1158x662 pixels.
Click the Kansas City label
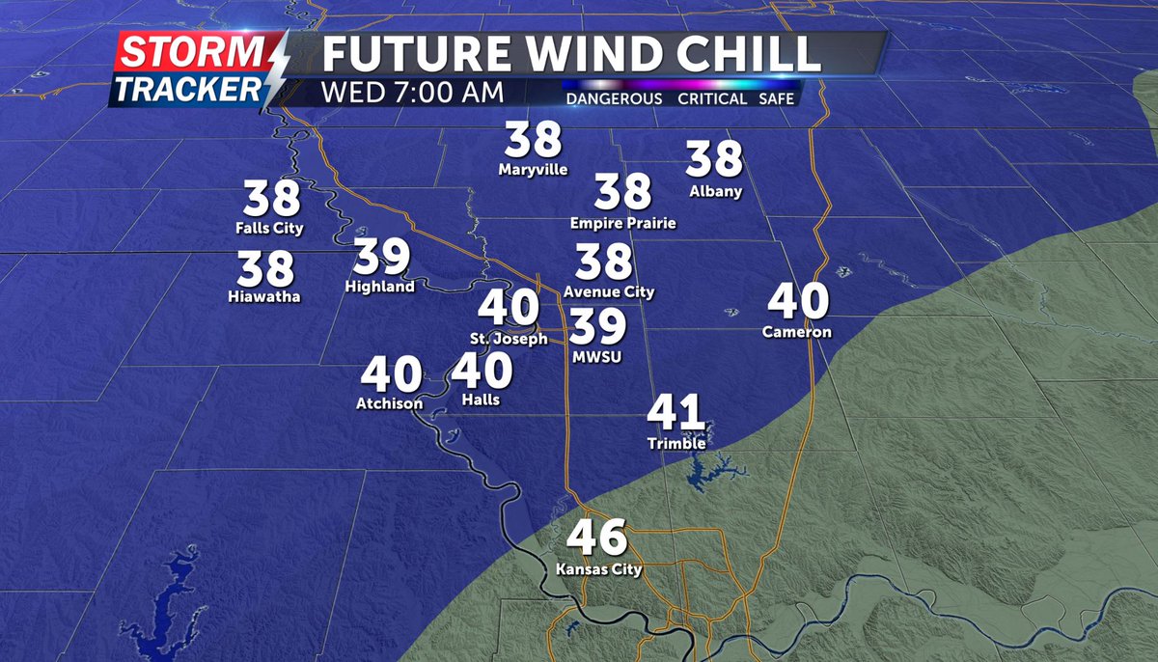click(x=598, y=569)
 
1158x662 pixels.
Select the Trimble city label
click(x=676, y=444)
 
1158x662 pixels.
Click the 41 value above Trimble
click(x=675, y=413)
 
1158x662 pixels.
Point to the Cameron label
click(x=796, y=333)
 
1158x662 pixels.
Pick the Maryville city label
click(x=534, y=170)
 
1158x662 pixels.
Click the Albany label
click(x=715, y=191)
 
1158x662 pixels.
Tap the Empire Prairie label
click(x=623, y=223)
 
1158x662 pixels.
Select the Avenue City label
click(x=609, y=291)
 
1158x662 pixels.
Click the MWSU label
click(x=596, y=357)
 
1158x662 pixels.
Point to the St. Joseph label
click(x=509, y=339)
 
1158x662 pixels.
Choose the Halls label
click(x=482, y=400)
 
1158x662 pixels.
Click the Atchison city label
click(x=390, y=403)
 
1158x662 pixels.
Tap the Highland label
click(x=380, y=287)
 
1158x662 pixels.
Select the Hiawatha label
click(x=265, y=296)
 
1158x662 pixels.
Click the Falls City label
click(x=269, y=229)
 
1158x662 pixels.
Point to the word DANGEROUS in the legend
click(x=614, y=99)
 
